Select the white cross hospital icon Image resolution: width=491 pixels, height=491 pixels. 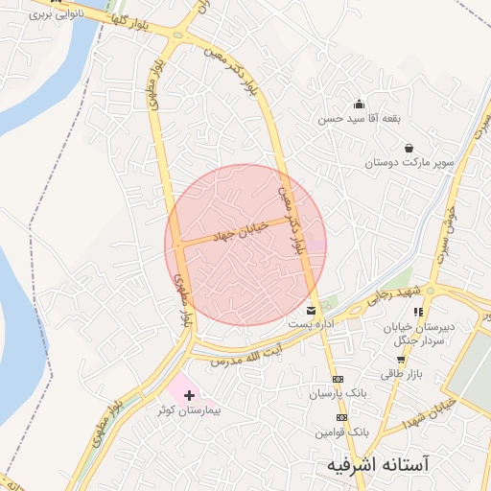[189, 395]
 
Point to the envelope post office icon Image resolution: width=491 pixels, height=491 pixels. [311, 311]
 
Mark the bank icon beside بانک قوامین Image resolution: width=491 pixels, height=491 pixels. [341, 418]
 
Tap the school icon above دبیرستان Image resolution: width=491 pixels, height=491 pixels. [417, 312]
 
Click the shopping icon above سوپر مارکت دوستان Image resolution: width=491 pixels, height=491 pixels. [409, 148]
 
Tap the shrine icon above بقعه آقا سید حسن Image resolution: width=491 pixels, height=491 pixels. [360, 105]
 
